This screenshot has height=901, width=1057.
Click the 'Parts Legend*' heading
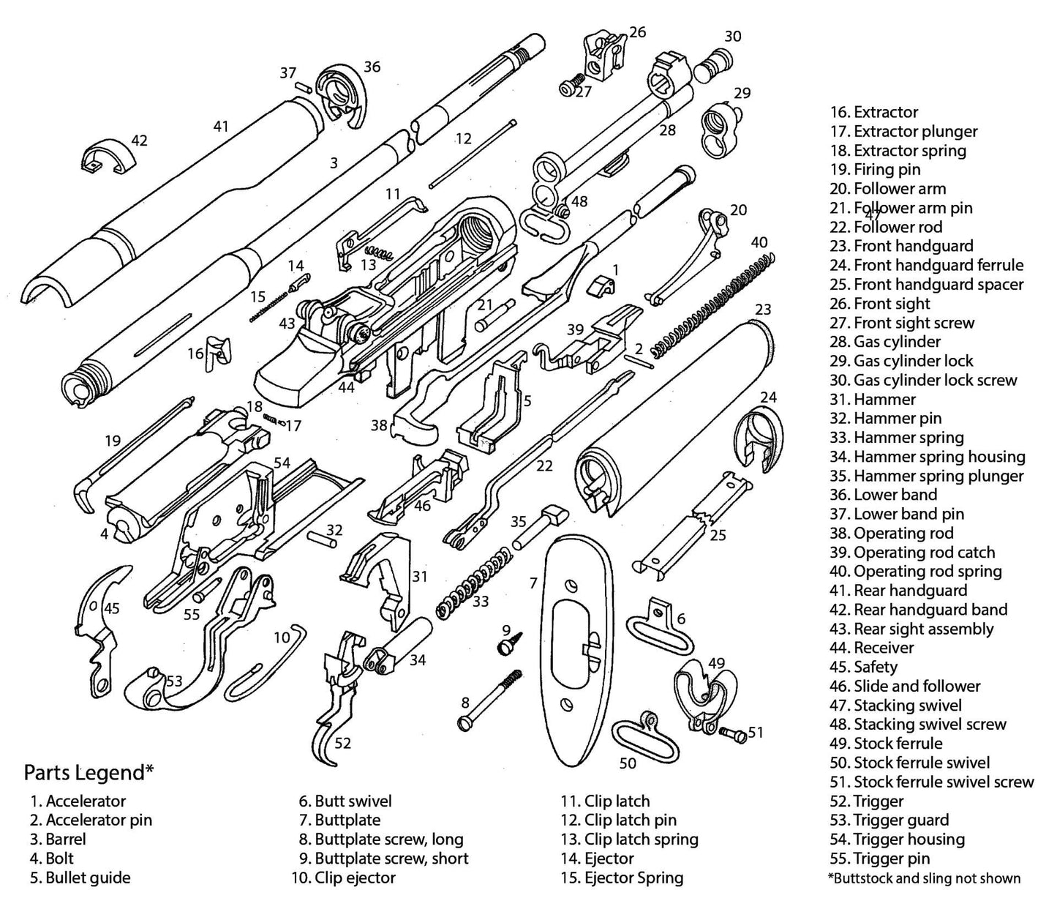(x=89, y=772)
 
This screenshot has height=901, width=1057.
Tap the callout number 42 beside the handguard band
(x=139, y=140)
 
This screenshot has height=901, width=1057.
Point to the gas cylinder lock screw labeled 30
(x=712, y=64)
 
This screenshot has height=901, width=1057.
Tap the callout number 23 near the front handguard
(x=762, y=310)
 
